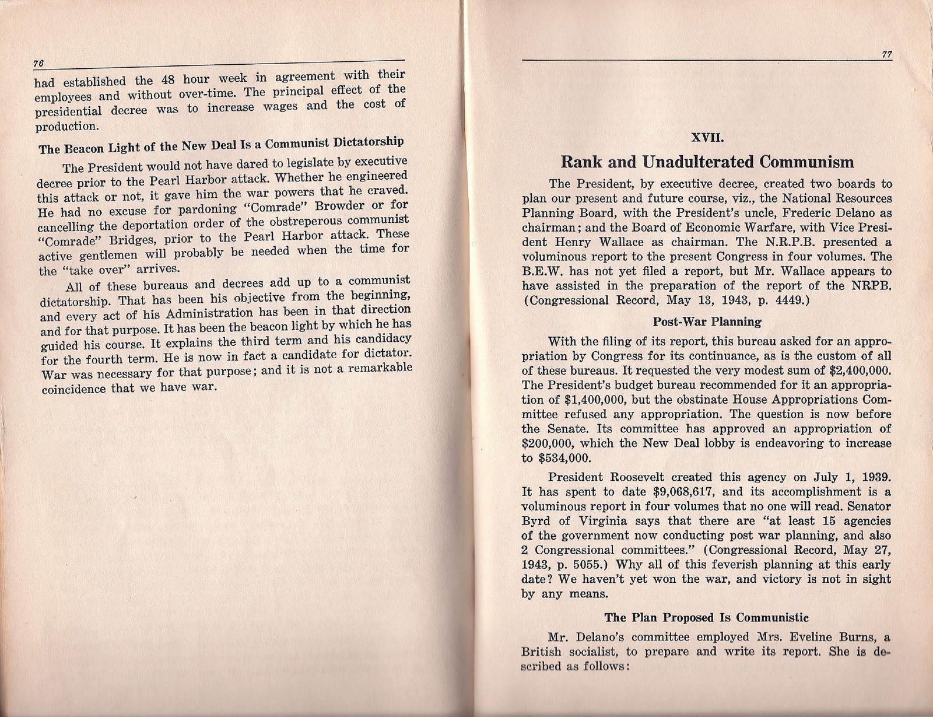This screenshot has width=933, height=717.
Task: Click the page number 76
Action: coord(40,64)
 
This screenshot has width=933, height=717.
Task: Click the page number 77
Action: coord(886,55)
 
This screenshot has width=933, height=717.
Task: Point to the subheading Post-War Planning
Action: coord(707,321)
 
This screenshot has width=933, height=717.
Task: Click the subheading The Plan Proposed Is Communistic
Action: coord(706,617)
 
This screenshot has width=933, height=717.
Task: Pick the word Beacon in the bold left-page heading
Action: coord(80,148)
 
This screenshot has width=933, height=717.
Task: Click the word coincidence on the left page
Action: coord(74,389)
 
